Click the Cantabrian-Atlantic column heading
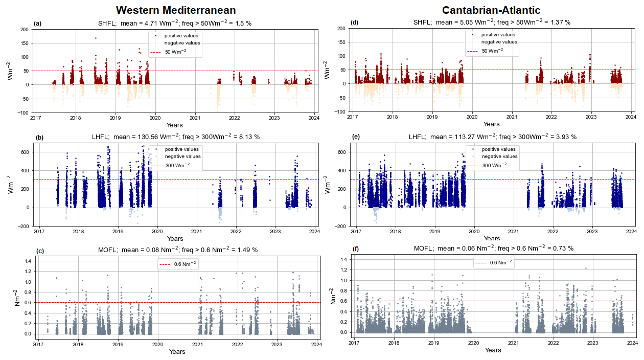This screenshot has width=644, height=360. [491, 10]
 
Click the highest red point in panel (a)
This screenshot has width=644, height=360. [95, 38]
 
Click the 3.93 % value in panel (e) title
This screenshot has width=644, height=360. [566, 137]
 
